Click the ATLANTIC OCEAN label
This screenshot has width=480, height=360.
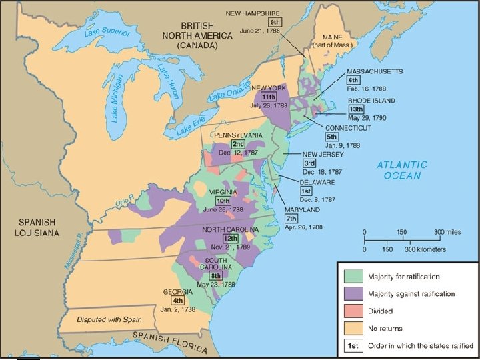402,170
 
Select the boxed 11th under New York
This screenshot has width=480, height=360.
269,97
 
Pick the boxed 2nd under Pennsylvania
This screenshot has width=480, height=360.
237,144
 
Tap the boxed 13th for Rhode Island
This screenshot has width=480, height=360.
356,109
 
